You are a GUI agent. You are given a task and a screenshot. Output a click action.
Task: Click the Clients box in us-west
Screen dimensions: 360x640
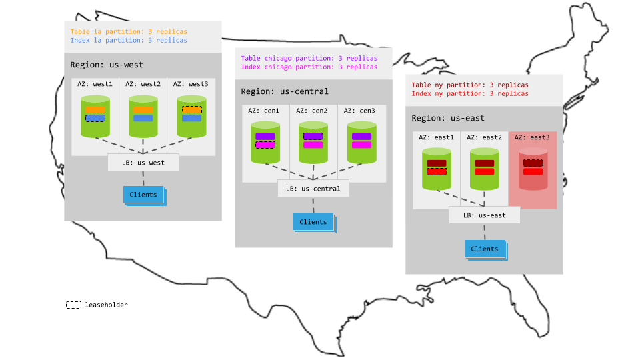[x=143, y=195]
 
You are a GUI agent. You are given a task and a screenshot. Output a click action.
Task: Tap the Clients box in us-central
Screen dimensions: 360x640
[x=313, y=222]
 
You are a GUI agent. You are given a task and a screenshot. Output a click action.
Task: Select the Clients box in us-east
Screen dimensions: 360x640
[x=484, y=249]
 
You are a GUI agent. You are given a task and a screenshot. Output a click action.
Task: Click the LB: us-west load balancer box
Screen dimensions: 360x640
[x=143, y=162]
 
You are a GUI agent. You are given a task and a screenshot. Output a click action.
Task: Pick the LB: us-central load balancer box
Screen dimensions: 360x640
[x=313, y=189]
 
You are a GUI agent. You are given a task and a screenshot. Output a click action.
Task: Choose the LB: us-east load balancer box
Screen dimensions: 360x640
[x=484, y=215]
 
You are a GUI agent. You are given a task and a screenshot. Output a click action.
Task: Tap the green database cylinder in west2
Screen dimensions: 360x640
[x=143, y=117]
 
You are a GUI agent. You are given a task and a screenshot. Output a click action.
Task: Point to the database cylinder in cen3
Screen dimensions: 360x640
[x=361, y=143]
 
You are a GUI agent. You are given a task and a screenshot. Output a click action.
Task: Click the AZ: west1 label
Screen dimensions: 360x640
[x=95, y=84]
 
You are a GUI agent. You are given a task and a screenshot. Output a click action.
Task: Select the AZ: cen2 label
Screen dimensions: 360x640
[x=313, y=111]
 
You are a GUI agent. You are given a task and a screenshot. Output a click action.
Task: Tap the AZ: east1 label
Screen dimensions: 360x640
[x=436, y=137]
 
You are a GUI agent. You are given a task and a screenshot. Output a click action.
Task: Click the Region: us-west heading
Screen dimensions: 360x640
[x=107, y=65]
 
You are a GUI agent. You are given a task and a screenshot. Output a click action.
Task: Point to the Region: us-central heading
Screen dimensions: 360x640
[x=285, y=91]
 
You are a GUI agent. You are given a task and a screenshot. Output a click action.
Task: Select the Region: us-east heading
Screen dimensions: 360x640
[x=448, y=118]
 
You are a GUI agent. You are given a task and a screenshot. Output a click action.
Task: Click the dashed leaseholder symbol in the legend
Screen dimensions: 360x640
[x=73, y=305]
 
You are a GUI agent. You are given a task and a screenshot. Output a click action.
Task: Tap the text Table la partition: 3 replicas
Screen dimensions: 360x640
[x=129, y=31]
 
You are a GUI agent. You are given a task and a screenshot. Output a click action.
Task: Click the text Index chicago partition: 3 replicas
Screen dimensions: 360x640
[x=309, y=67]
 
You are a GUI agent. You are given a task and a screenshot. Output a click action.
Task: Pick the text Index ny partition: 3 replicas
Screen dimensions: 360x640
[x=470, y=93]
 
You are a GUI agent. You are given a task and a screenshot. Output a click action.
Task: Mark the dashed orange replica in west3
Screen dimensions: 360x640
[x=191, y=109]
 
